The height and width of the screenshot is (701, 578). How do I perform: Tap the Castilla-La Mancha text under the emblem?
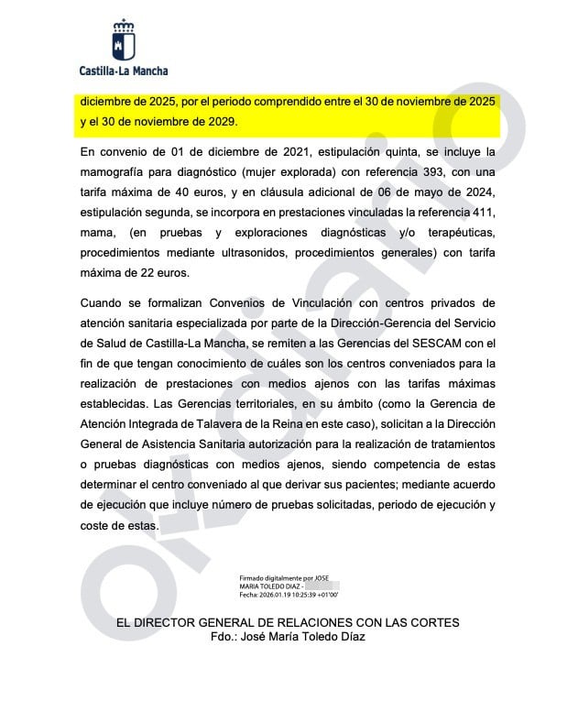(124, 70)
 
